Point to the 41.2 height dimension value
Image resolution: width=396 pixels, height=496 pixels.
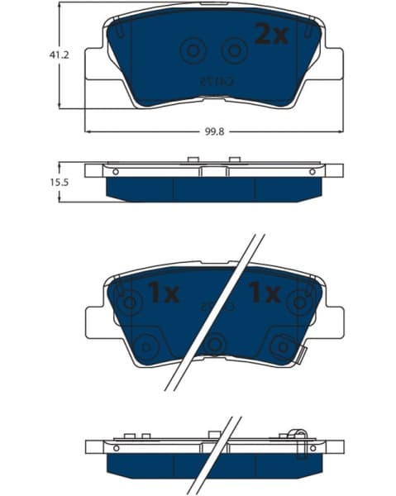click(58, 55)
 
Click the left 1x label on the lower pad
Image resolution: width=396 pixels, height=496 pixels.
click(163, 292)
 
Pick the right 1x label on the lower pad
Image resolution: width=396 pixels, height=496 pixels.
click(265, 292)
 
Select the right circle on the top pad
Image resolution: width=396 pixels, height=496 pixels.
click(236, 51)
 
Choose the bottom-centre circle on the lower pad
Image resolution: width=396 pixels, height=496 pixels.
click(215, 344)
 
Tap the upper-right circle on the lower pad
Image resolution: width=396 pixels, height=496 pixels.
click(297, 303)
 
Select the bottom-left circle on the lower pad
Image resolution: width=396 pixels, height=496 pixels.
click(149, 345)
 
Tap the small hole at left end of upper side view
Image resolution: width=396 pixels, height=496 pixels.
click(116, 171)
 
